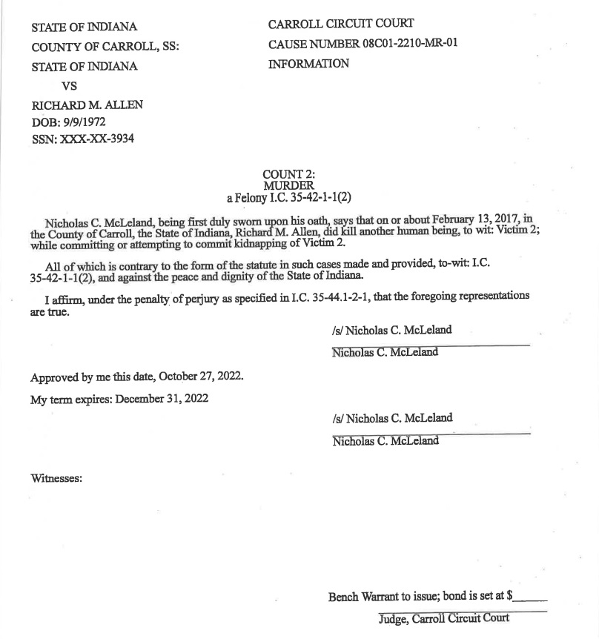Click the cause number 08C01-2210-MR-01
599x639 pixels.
(x=410, y=43)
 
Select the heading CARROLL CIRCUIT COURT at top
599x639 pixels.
(x=341, y=24)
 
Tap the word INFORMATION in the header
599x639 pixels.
(x=308, y=64)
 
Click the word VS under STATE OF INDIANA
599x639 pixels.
(x=69, y=85)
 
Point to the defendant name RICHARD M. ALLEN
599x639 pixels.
(x=87, y=105)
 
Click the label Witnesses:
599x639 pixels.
(x=56, y=478)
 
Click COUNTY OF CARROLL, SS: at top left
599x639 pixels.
(x=105, y=47)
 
